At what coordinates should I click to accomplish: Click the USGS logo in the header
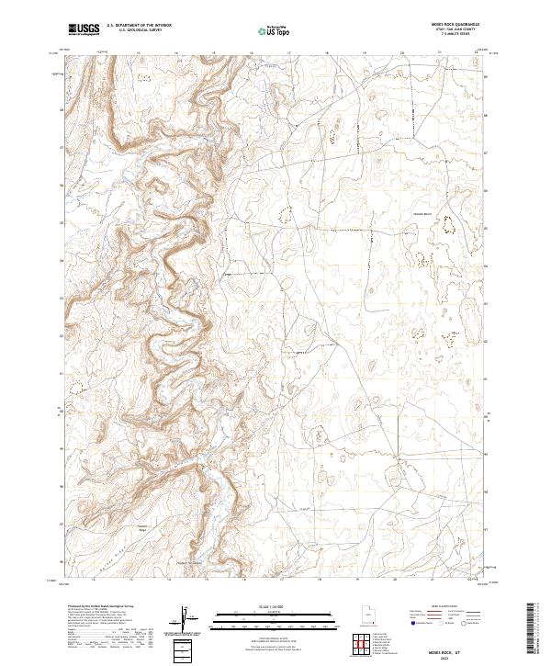84,30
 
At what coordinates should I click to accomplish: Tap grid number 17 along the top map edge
288,53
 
